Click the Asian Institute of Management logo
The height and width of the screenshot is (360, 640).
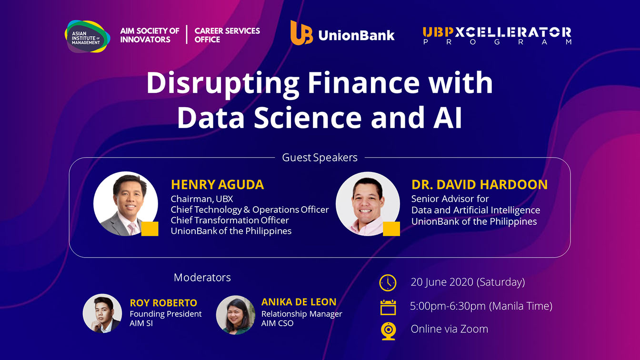pos(87,37)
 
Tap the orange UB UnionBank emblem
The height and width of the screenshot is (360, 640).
pos(301,32)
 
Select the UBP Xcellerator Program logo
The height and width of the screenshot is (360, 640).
pos(497,36)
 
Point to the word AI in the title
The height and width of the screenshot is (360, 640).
pos(448,118)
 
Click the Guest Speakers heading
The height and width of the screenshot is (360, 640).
pos(320,158)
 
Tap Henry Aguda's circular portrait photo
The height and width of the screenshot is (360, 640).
pos(126,204)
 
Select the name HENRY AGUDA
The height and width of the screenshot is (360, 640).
pos(217,185)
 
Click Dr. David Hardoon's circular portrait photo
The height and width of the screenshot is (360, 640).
pos(368,204)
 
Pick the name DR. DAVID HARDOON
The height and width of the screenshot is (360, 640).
pos(480,185)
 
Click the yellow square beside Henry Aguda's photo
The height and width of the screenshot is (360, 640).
pos(150,229)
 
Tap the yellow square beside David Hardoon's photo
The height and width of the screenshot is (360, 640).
pos(391,229)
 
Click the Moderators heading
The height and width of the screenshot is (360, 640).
pos(202,278)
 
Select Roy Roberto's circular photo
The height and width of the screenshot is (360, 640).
pos(102,313)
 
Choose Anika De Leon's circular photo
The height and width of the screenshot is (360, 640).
pos(235,315)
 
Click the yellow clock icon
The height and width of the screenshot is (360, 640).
pos(388,283)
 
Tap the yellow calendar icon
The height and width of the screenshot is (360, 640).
pos(388,307)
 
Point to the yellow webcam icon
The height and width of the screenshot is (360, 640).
pos(388,331)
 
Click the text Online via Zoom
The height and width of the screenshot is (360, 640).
pos(450,329)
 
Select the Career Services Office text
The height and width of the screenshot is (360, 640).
pos(227,35)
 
